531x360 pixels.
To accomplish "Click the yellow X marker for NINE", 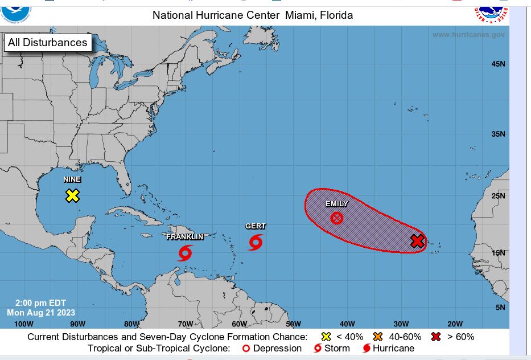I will tap(72, 195).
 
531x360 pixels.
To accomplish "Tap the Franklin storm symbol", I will tap(185, 252).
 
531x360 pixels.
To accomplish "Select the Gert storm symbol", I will tap(255, 242).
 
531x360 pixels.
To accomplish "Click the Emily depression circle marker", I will tap(337, 218).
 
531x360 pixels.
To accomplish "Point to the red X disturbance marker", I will tap(417, 242).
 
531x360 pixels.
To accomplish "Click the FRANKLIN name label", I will tap(184, 237).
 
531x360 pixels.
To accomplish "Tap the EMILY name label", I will tap(337, 204).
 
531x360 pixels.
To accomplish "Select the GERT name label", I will tap(256, 226).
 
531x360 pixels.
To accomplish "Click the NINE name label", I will tap(72, 179).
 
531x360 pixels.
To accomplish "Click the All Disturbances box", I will tap(48, 43).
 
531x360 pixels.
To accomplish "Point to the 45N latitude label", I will tap(498, 64).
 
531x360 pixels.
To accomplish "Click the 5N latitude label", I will tap(500, 308).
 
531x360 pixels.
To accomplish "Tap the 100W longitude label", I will tap(24, 324).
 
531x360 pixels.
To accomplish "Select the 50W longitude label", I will tap(293, 324).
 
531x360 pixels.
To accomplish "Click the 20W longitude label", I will tap(455, 324).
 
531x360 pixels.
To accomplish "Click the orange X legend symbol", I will tap(378, 337).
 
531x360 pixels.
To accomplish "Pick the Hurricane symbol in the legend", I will tap(367, 348).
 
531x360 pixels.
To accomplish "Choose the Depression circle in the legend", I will tap(246, 348).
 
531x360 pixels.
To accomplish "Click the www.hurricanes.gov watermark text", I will tap(468, 35).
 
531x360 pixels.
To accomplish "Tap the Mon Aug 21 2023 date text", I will tap(41, 312).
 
